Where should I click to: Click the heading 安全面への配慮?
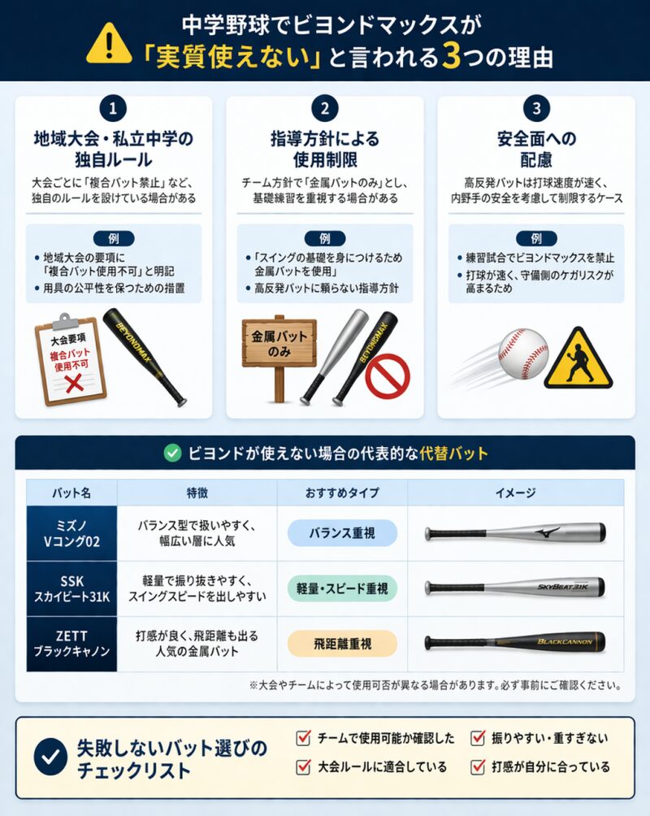pyautogui.click(x=536, y=148)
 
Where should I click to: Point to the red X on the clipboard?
pyautogui.click(x=73, y=381)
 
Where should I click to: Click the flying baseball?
pyautogui.click(x=523, y=354)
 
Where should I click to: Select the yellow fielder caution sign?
pyautogui.click(x=578, y=359)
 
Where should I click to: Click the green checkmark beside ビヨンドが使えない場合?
pyautogui.click(x=172, y=454)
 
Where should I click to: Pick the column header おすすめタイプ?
pyautogui.click(x=342, y=493)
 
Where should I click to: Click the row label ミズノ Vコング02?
pyautogui.click(x=71, y=533)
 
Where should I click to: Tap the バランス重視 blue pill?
pyautogui.click(x=342, y=533)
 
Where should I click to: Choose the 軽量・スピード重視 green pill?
pyautogui.click(x=342, y=588)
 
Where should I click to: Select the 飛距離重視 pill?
pyautogui.click(x=342, y=644)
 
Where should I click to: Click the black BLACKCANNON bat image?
pyautogui.click(x=514, y=643)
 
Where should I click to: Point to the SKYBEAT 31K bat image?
pyautogui.click(x=514, y=587)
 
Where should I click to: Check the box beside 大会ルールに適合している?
pyautogui.click(x=304, y=766)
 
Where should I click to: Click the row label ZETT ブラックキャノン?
pyautogui.click(x=71, y=644)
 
